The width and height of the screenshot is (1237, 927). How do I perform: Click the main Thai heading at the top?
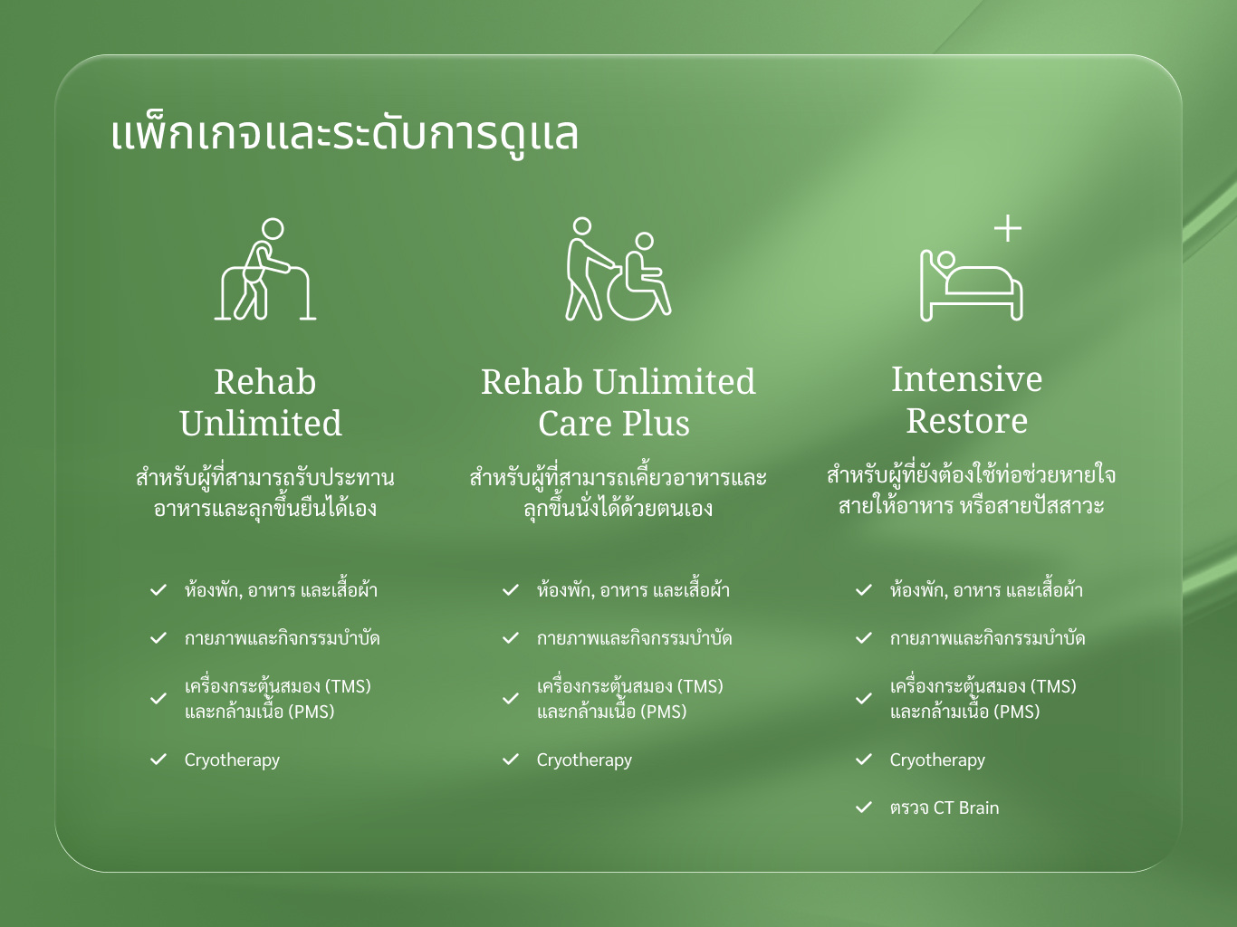tap(344, 135)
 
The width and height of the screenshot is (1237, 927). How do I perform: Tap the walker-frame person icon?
tap(264, 269)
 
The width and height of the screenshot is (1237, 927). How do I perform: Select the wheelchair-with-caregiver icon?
tap(618, 269)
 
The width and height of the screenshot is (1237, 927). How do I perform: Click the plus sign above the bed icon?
tap(1008, 228)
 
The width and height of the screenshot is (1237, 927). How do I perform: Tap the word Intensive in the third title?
tap(966, 379)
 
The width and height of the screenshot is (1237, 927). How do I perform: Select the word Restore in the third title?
tap(966, 421)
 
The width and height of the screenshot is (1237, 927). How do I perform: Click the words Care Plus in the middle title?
tap(614, 424)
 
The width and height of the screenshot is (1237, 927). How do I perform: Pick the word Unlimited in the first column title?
tap(261, 424)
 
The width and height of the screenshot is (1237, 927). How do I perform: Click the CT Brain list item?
tap(944, 808)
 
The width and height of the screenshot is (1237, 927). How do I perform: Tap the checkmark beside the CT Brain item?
tap(863, 808)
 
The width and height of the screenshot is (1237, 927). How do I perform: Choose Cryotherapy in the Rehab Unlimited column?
tap(232, 760)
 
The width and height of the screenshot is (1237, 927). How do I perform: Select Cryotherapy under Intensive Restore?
tap(937, 760)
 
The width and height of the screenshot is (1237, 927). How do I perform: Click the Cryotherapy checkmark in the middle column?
tap(511, 760)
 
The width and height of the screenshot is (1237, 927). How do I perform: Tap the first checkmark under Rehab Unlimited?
tap(158, 590)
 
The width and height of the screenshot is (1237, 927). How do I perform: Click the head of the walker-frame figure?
tap(273, 229)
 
